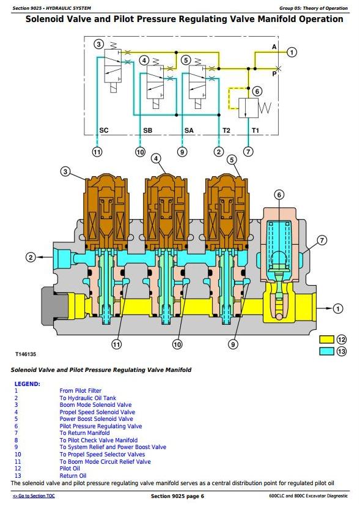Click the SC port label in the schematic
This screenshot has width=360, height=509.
click(x=104, y=130)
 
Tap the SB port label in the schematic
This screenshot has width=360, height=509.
click(x=147, y=130)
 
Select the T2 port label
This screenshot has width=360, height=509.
click(x=226, y=130)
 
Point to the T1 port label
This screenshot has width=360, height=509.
click(x=255, y=130)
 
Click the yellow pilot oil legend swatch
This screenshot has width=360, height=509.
click(x=326, y=340)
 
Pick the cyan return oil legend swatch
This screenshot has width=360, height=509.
click(x=326, y=351)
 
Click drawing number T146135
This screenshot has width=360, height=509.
click(x=26, y=354)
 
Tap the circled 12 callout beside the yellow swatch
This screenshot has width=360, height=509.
click(x=342, y=340)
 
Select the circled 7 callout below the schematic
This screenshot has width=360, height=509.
click(x=248, y=152)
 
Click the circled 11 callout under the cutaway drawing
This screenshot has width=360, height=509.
click(x=116, y=344)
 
